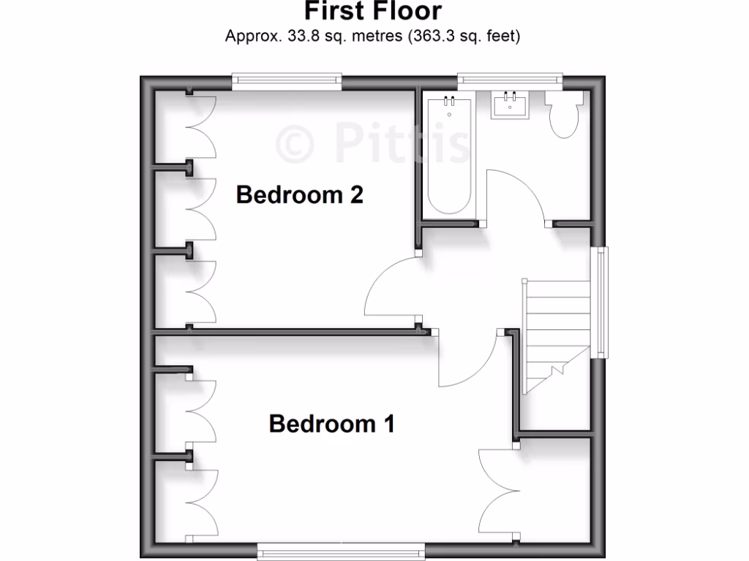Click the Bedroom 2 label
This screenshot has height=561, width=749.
pyautogui.click(x=300, y=195)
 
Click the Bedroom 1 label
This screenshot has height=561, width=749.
pyautogui.click(x=332, y=424)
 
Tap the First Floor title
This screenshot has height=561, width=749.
pyautogui.click(x=373, y=12)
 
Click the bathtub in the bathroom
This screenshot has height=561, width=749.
pyautogui.click(x=448, y=157)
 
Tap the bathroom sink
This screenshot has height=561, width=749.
pyautogui.click(x=510, y=106)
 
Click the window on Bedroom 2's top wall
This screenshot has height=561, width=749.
pyautogui.click(x=287, y=80)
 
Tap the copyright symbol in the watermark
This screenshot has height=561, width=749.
pyautogui.click(x=296, y=143)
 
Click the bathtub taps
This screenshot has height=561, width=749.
pyautogui.click(x=448, y=102)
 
